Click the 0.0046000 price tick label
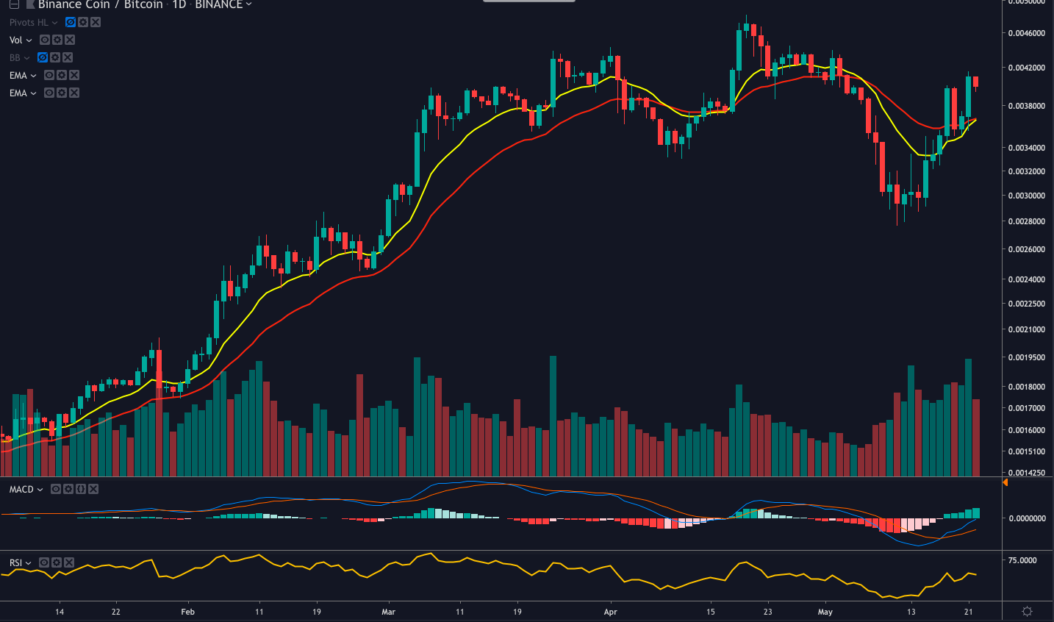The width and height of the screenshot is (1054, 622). tap(1027, 33)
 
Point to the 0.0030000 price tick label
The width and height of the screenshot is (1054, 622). tap(1027, 196)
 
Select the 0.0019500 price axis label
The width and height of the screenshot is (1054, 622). tap(1027, 357)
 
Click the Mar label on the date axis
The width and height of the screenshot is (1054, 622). tap(388, 612)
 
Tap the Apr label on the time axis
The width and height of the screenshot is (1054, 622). tap(610, 612)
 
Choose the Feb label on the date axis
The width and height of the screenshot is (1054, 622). tap(187, 612)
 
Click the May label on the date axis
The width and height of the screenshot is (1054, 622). tap(825, 612)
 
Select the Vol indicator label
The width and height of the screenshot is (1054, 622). tap(16, 40)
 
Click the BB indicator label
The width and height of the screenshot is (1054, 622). tap(15, 57)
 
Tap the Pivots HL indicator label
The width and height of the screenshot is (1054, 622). tap(29, 22)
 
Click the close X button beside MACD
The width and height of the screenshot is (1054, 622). tap(93, 489)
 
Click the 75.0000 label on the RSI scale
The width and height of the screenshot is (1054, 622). tap(1022, 560)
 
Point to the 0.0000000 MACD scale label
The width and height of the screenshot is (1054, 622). tap(1027, 518)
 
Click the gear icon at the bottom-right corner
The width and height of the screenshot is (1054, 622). tap(1028, 611)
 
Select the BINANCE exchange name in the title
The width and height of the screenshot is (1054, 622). tap(218, 4)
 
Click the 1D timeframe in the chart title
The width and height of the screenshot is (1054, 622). tap(179, 4)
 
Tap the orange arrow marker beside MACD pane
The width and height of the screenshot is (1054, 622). tap(1005, 482)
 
